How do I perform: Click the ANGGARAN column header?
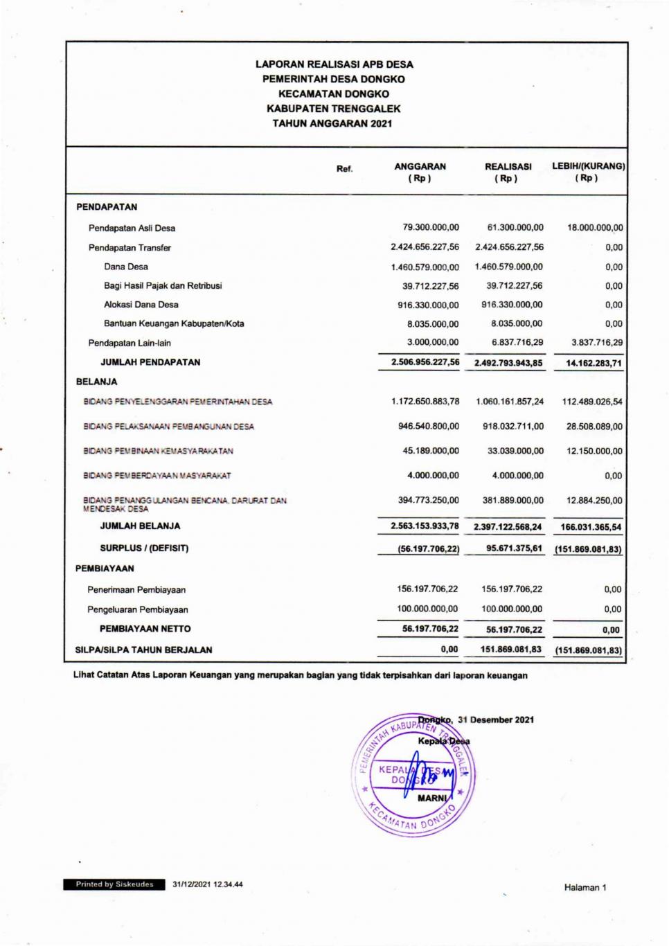[x=420, y=172]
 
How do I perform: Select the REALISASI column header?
[x=508, y=172]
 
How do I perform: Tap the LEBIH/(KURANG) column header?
[x=588, y=172]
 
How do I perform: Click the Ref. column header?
[x=344, y=169]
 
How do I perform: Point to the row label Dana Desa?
[x=125, y=267]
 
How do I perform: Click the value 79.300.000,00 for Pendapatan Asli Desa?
[x=430, y=227]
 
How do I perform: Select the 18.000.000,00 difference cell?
[x=595, y=227]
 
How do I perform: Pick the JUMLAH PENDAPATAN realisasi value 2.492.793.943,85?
[x=508, y=363]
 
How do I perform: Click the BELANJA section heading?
[x=96, y=382]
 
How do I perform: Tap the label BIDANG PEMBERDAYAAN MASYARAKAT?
[x=157, y=476]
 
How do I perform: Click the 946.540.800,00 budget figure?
[x=428, y=427]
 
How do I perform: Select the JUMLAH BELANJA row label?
[x=140, y=526]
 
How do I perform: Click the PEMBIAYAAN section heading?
[x=105, y=569]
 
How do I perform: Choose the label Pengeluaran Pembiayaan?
[x=137, y=610]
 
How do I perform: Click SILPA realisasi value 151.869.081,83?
[x=511, y=650]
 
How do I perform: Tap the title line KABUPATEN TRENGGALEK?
[x=333, y=109]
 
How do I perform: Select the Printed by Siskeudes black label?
[x=114, y=884]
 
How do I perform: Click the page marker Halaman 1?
[x=585, y=888]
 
